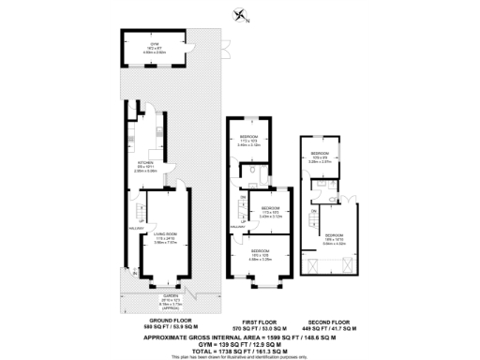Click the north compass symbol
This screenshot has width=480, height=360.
241,13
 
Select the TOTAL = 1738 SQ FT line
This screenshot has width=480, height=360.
240,351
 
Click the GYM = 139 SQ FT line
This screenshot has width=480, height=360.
240,342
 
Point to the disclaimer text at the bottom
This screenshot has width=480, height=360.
240,357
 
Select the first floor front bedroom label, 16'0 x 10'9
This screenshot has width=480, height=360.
260,253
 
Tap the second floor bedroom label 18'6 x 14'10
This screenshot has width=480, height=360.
335,237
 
